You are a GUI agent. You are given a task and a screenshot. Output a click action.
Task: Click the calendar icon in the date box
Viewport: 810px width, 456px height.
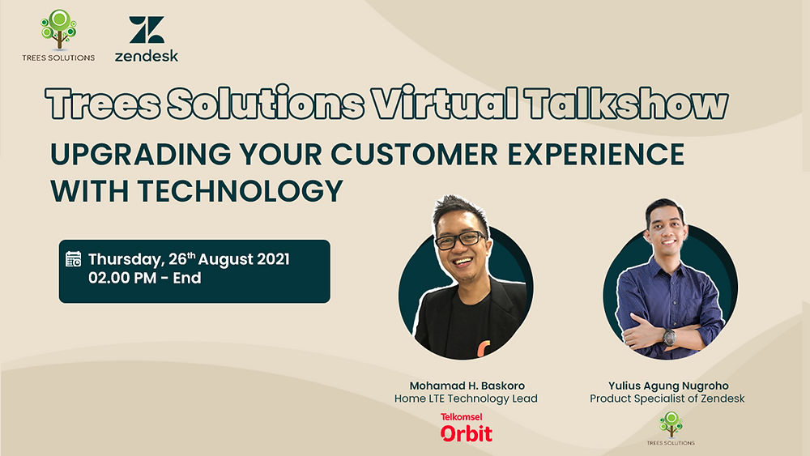click(x=74, y=260)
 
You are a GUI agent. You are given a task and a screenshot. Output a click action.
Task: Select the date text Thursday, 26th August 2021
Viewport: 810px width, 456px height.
click(x=189, y=260)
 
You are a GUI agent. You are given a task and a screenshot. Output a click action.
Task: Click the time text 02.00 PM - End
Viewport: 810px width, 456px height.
click(x=144, y=279)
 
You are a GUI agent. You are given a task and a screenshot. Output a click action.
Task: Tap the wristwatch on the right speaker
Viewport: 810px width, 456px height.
click(x=670, y=336)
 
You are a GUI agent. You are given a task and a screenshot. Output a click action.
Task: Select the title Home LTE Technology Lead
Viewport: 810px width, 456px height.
click(x=466, y=398)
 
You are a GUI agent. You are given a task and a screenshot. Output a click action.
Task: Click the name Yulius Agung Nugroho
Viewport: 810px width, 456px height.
click(x=667, y=386)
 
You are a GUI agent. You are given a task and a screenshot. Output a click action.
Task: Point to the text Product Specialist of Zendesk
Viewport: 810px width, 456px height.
click(x=667, y=398)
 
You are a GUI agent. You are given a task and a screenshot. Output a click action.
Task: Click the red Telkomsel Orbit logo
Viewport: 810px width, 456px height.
click(x=466, y=428)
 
